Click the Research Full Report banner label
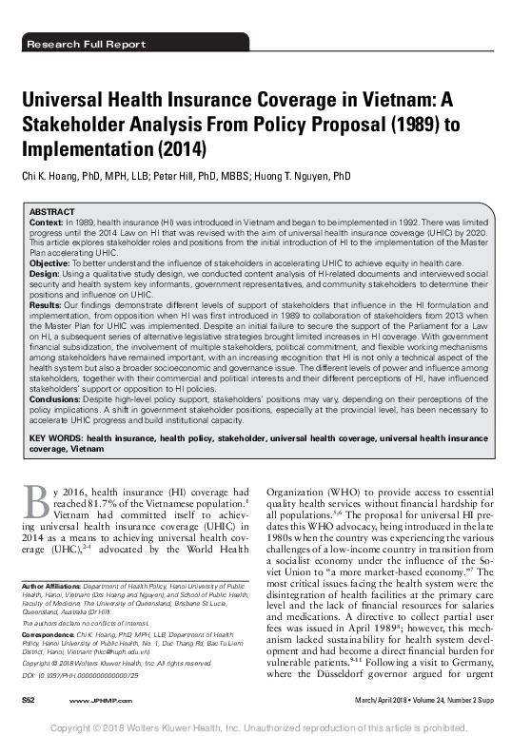coord(87,45)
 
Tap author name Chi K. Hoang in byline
coord(56,176)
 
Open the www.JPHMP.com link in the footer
coord(93,701)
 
